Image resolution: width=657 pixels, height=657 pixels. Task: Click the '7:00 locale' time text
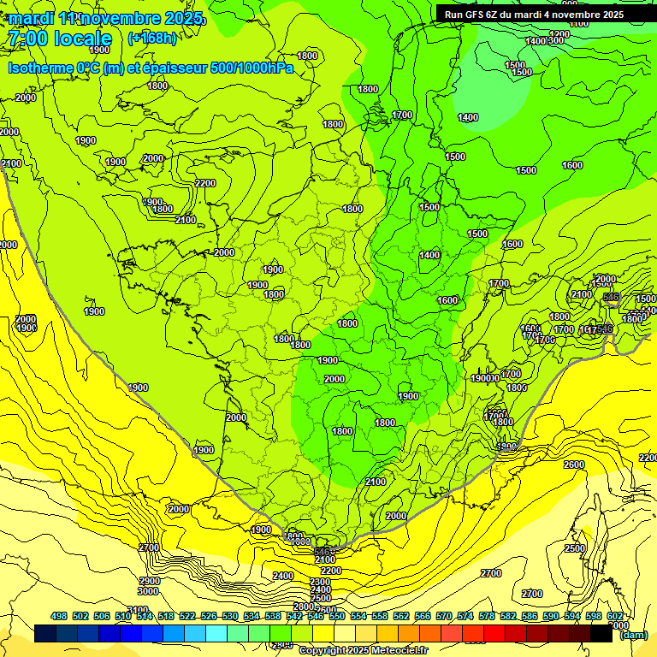click(59, 38)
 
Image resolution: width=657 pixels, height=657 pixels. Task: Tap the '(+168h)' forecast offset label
click(151, 38)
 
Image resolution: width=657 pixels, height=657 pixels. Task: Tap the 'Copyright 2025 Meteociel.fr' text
click(364, 650)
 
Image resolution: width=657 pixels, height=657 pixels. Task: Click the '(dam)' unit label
click(633, 635)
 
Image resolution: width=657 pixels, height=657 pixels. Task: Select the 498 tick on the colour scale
click(59, 616)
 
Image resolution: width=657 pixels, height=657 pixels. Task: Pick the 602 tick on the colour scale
click(615, 616)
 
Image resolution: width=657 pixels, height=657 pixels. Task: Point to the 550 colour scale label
click(337, 616)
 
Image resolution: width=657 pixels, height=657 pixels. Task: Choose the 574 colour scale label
click(465, 616)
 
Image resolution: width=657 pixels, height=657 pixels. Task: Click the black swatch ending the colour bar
click(601, 634)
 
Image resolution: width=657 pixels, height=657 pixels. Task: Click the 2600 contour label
click(573, 465)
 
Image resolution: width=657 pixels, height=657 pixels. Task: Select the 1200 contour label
click(579, 24)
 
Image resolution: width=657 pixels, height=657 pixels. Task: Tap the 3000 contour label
click(148, 591)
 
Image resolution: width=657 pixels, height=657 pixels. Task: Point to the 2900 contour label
click(148, 581)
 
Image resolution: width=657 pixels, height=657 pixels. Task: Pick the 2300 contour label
click(320, 581)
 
